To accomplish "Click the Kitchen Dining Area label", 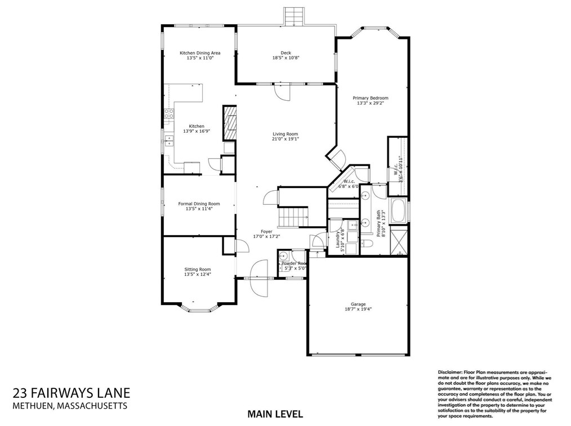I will point(200,53).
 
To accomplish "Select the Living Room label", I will point(285,133).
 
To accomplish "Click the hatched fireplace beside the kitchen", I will point(229,123).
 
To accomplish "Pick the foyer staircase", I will point(294,216).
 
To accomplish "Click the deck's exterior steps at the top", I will point(293,16).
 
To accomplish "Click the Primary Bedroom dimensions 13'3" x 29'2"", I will point(372,103).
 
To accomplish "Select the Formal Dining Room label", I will point(199,204).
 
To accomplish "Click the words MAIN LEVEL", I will point(275,414).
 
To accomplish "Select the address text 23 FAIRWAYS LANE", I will point(71,392).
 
